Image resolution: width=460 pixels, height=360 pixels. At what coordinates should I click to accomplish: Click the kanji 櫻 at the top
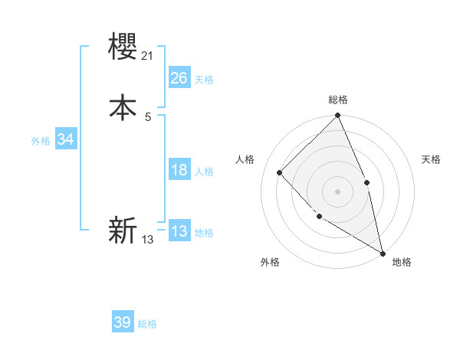(123, 48)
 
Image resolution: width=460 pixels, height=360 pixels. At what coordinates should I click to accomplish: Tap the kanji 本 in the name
(123, 107)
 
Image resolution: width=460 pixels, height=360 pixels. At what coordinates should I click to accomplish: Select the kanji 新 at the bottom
(123, 230)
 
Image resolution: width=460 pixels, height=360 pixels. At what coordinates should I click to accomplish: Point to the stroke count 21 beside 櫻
(149, 55)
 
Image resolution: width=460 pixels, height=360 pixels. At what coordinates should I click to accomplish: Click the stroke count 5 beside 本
(148, 116)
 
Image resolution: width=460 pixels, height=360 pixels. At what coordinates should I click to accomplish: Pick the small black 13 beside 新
(148, 239)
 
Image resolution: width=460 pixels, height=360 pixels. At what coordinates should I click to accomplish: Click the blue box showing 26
(179, 78)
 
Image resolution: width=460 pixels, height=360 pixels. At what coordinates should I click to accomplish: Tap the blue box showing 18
(179, 170)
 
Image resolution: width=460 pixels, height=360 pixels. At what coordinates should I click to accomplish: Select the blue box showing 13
(179, 231)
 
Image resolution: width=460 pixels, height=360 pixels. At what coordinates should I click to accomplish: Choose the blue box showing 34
(65, 139)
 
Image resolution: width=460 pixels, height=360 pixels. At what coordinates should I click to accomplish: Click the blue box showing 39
(123, 322)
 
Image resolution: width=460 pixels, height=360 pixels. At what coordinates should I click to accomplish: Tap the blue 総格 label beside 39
(148, 324)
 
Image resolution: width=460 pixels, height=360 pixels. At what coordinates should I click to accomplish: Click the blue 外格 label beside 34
(41, 141)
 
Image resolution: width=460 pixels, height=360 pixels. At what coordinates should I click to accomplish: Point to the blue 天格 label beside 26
(203, 80)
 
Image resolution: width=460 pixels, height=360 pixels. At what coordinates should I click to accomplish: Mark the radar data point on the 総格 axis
(337, 116)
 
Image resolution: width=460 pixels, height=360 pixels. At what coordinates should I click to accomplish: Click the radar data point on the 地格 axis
(382, 252)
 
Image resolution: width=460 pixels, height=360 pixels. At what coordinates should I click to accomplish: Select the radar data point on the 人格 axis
(280, 173)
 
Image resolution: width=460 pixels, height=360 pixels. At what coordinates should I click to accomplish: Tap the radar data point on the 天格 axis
(366, 182)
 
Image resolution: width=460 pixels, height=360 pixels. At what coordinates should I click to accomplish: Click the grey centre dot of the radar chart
(337, 191)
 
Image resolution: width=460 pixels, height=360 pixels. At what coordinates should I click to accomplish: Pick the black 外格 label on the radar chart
(270, 263)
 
